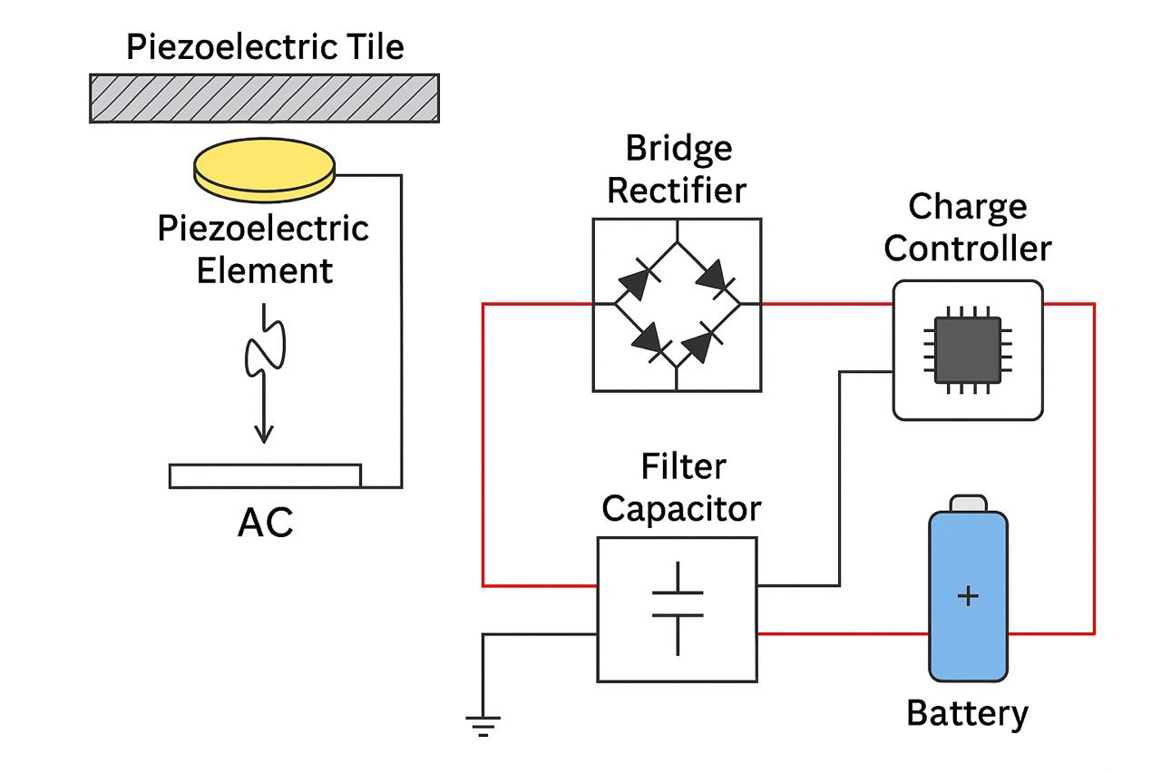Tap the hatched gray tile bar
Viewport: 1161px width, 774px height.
coord(264,98)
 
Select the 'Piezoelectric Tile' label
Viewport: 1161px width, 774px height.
coord(264,47)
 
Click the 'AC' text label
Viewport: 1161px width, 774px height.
coord(265,524)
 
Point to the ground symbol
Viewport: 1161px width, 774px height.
coord(483,724)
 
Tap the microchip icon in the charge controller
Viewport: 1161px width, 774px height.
coord(968,349)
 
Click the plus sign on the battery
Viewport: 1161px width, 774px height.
coord(969,596)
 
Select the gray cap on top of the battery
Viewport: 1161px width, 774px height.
coord(968,504)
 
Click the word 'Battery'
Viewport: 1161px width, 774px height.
coord(967,713)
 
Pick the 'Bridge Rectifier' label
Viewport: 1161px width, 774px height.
coord(677,170)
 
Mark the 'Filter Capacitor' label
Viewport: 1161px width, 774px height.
coord(680,487)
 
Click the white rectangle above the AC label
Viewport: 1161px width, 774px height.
coord(265,475)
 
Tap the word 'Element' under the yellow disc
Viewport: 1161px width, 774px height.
coord(264,269)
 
